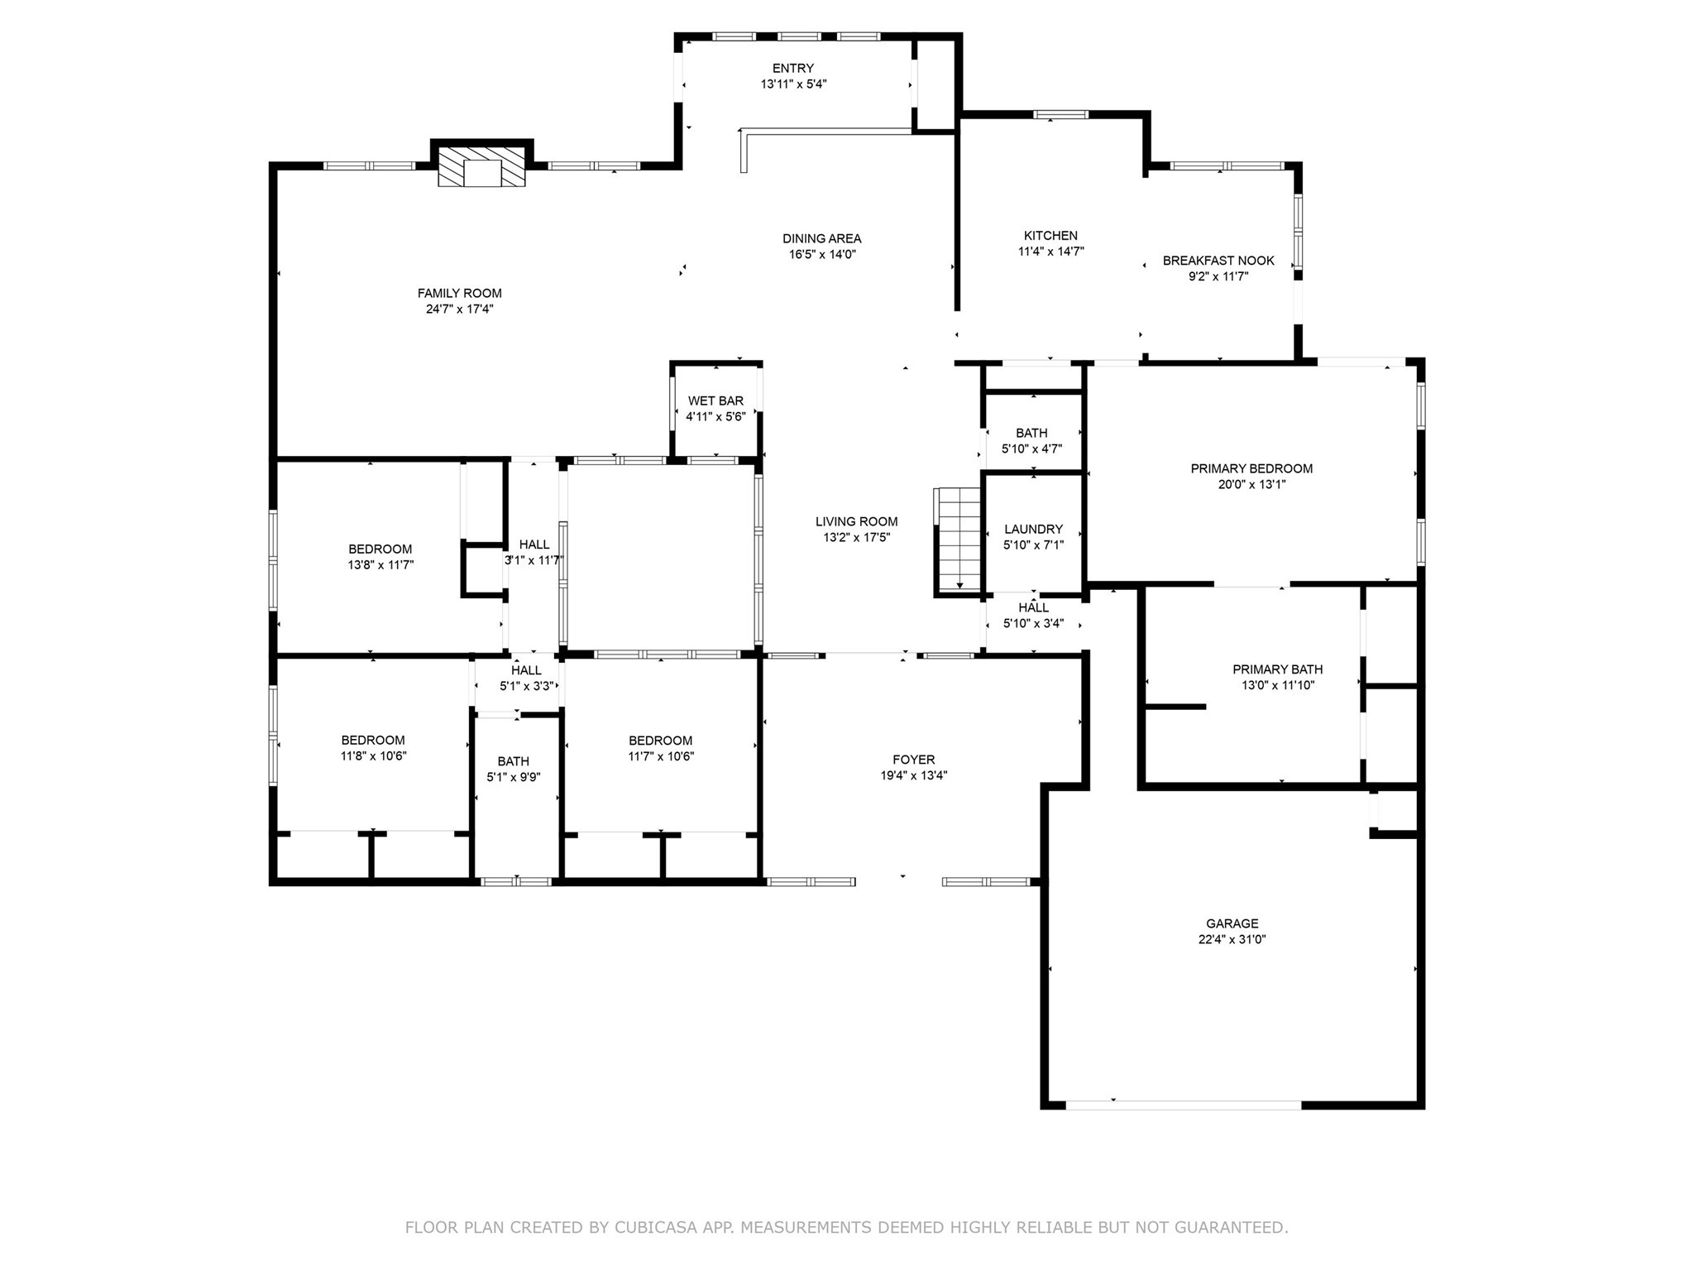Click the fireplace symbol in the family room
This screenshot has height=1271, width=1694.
coord(481,167)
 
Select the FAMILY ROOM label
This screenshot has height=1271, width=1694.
coord(459,293)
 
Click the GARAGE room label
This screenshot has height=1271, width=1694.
coord(1232,923)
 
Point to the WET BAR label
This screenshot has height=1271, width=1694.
coord(715,401)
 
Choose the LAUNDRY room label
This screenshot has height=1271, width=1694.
coord(1033,530)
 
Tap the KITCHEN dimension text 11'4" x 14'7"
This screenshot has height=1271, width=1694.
coord(1050,252)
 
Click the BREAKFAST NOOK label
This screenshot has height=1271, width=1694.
coord(1218,261)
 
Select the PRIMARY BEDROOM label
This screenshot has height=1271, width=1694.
coord(1251,468)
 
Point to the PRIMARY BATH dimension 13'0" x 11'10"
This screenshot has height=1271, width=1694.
coord(1278,685)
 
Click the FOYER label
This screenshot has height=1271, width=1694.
coord(913,760)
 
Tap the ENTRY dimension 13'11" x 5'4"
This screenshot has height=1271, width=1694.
coord(793,84)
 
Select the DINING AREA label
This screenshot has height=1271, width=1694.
coord(822,239)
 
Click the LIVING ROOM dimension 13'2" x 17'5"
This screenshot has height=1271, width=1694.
coord(856,537)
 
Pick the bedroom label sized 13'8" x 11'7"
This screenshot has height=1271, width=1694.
coord(380,549)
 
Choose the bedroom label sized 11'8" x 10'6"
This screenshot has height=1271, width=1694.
coord(373,741)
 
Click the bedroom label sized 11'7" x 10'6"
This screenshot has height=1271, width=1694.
coord(660,741)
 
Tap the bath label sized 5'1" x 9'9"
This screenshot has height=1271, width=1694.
coord(513,761)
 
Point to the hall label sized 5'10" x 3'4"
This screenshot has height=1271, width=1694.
coord(1033,608)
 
